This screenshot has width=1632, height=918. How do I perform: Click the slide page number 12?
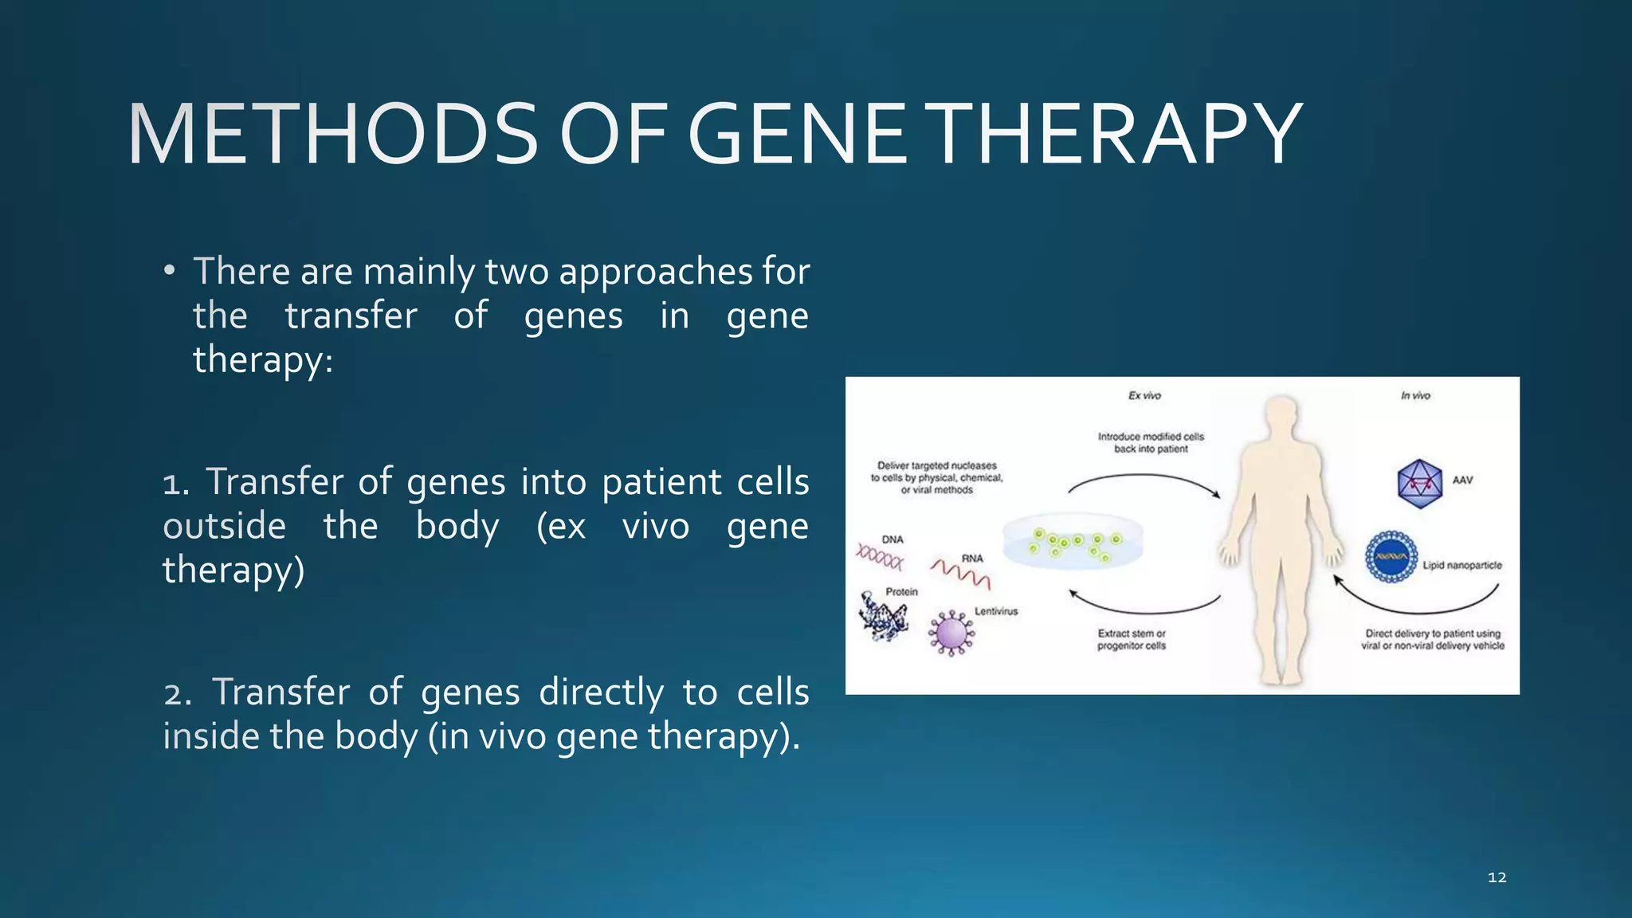click(1497, 877)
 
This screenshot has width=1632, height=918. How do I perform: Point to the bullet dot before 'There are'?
click(168, 272)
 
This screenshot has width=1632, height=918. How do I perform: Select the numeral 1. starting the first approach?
click(175, 484)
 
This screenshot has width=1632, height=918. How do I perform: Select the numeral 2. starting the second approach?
click(177, 693)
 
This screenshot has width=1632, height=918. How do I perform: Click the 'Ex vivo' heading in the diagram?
click(1144, 395)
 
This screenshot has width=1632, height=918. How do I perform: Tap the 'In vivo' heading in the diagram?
click(1415, 395)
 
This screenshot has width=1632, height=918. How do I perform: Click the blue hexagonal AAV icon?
click(1419, 483)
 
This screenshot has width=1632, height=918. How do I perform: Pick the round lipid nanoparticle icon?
click(1391, 557)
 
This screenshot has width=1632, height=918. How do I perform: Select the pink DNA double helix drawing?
click(880, 557)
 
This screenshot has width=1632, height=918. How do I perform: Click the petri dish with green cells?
click(1073, 542)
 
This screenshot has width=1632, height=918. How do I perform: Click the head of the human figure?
click(1281, 415)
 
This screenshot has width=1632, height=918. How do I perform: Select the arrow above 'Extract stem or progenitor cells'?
click(1144, 606)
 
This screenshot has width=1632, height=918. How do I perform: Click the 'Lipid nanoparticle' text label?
click(1462, 565)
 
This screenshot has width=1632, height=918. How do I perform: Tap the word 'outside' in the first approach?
click(224, 527)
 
